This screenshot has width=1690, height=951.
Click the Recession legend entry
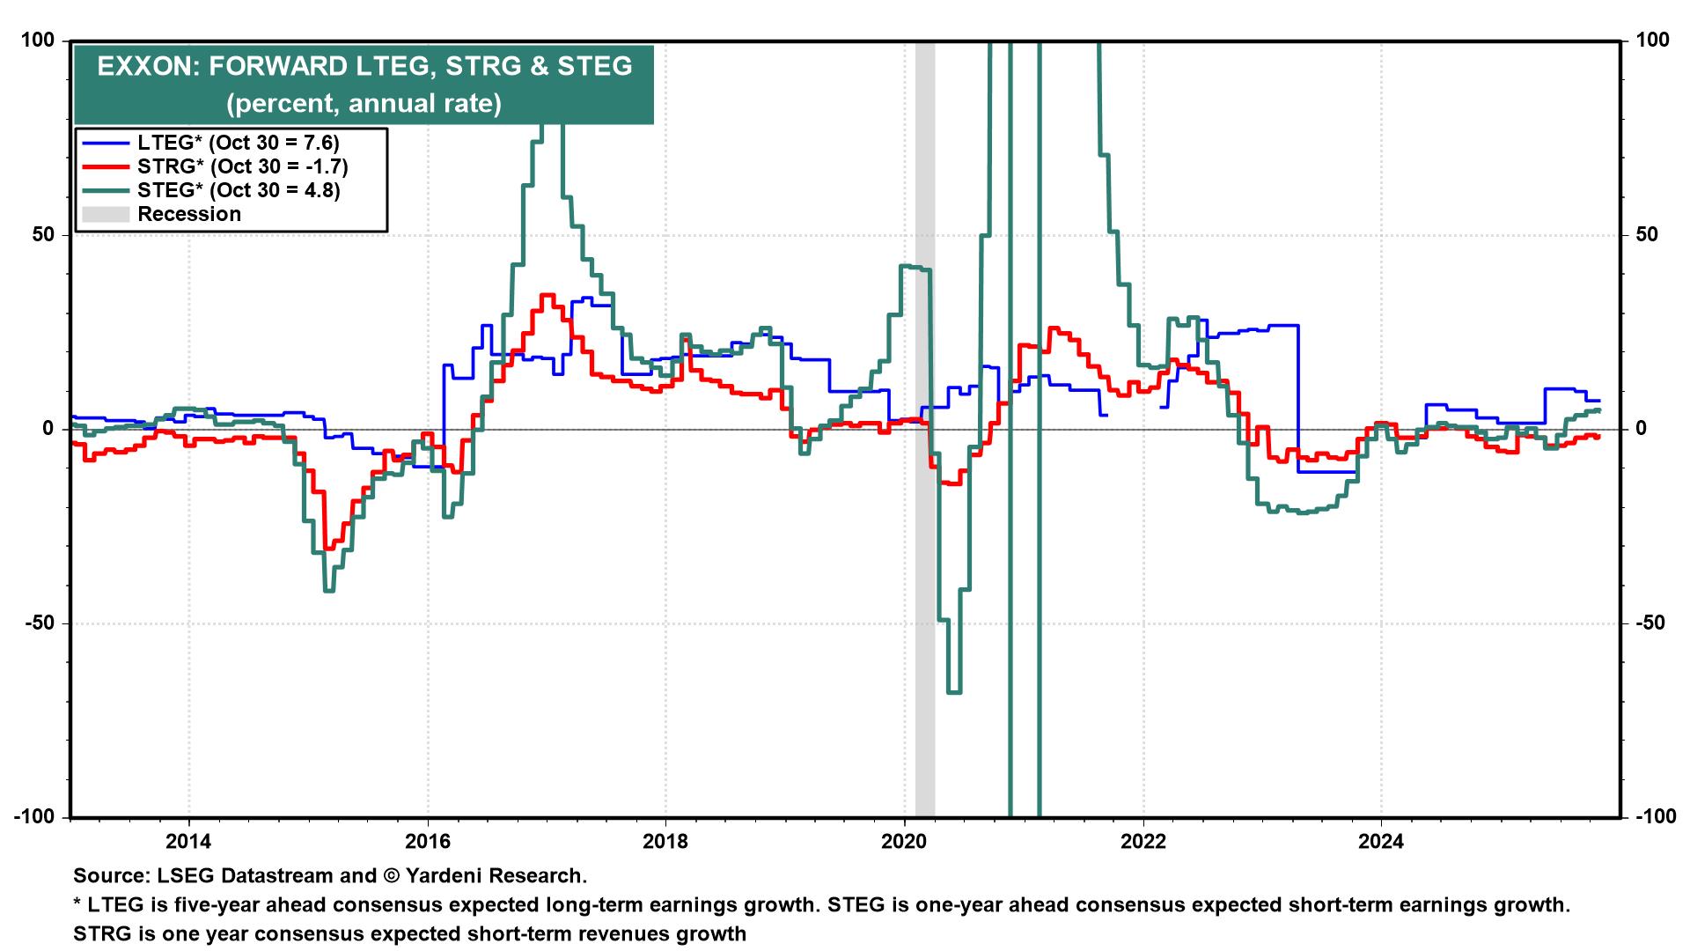coord(189,214)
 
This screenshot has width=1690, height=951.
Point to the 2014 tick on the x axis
coord(189,840)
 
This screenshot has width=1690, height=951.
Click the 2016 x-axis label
coord(428,840)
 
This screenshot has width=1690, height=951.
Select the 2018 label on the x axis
coord(666,840)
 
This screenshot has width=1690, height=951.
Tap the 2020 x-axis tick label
coord(905,840)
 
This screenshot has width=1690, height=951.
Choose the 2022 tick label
coord(1143,840)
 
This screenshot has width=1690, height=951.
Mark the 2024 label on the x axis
coord(1382,840)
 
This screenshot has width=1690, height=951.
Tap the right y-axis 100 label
coord(1652,41)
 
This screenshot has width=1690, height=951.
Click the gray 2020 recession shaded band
coord(924,528)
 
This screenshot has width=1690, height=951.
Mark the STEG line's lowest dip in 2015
coord(329,590)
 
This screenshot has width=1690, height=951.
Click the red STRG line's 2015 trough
coord(328,548)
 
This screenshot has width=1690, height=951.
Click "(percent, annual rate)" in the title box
coord(364,104)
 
